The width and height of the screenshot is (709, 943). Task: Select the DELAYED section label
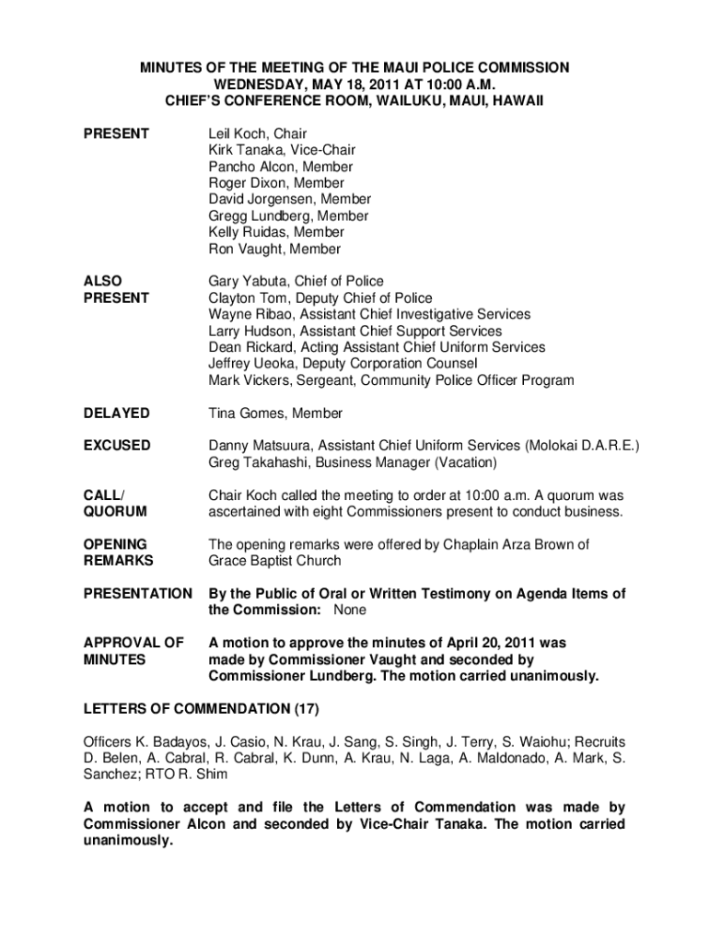pyautogui.click(x=116, y=413)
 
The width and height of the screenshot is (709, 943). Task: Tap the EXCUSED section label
pyautogui.click(x=117, y=446)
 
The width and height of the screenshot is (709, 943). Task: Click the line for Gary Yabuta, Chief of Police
pyautogui.click(x=296, y=281)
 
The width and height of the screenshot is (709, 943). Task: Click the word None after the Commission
pyautogui.click(x=350, y=611)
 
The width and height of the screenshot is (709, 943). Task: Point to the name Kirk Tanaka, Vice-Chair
pyautogui.click(x=282, y=150)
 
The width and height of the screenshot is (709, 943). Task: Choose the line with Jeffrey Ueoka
pyautogui.click(x=343, y=364)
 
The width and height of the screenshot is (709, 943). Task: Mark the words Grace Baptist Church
pyautogui.click(x=274, y=561)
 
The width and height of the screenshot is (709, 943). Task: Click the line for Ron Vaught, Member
pyautogui.click(x=274, y=249)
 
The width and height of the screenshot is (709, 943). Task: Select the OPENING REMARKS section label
pyautogui.click(x=118, y=553)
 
